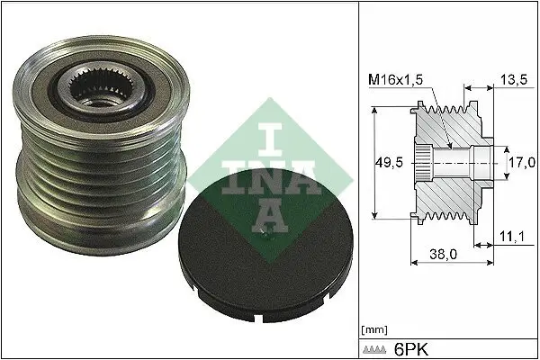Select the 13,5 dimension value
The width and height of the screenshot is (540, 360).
click(x=511, y=80)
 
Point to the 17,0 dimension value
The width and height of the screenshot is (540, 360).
click(x=520, y=162)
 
